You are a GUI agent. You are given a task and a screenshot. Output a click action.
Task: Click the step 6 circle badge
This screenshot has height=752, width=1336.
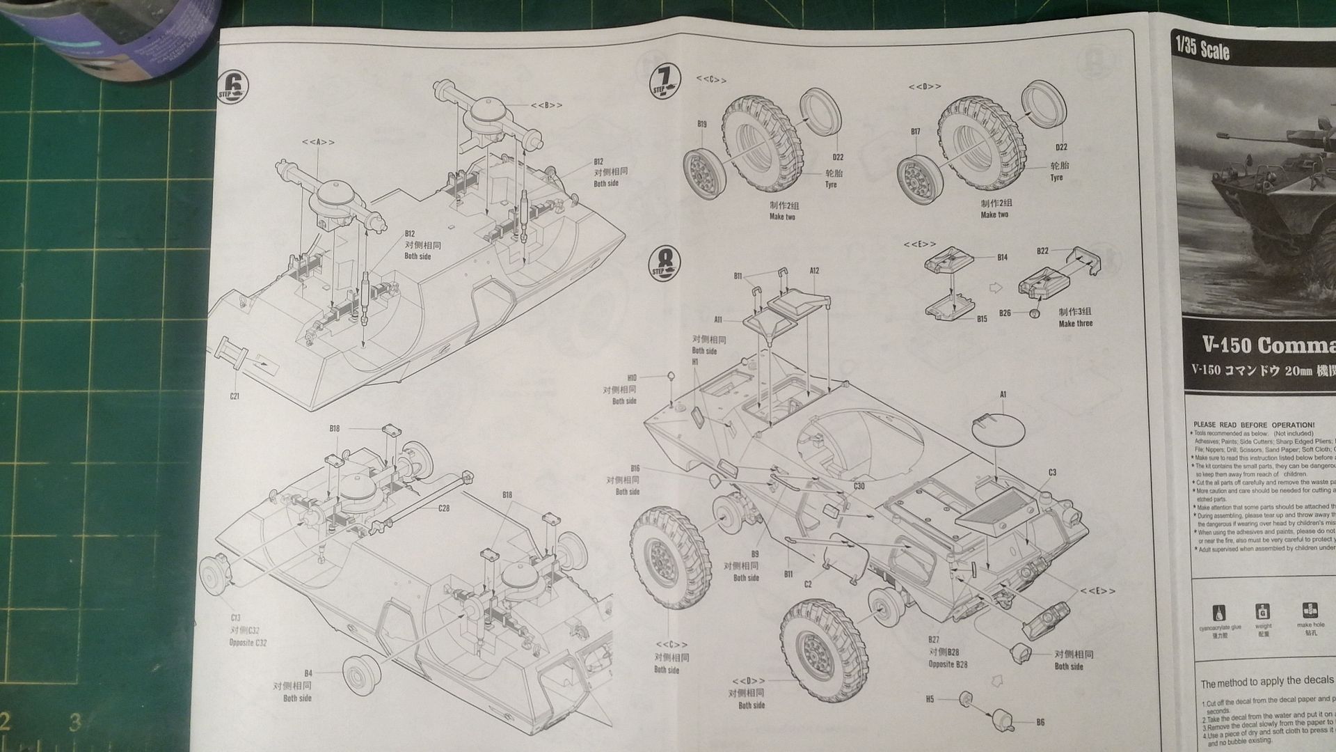click(233, 88)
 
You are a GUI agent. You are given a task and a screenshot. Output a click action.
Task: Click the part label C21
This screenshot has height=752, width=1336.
click(234, 396)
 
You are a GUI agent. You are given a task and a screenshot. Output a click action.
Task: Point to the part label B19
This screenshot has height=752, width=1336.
click(701, 125)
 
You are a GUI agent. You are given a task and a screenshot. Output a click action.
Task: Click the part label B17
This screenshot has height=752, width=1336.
click(915, 132)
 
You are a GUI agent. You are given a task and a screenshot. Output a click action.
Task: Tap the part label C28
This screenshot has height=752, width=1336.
click(444, 508)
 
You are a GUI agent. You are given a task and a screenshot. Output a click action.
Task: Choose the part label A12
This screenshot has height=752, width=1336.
click(814, 271)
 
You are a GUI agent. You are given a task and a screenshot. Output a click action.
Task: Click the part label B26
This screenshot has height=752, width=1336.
click(1005, 313)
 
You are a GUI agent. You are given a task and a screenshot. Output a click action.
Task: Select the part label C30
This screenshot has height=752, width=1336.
click(859, 486)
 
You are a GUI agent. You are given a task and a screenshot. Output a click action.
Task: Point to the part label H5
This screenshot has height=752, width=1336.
click(930, 699)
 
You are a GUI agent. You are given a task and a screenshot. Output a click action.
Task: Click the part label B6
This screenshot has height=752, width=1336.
click(1040, 722)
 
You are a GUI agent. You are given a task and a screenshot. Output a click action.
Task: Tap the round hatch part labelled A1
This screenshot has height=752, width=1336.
click(999, 431)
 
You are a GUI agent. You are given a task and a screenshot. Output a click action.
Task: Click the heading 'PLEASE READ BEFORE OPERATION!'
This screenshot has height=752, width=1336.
click(1254, 425)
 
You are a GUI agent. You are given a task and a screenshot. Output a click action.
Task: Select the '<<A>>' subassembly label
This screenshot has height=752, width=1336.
click(318, 142)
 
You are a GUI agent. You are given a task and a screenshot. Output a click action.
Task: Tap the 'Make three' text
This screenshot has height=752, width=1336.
click(1075, 324)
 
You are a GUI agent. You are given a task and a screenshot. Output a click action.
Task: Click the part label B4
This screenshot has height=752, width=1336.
click(308, 673)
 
